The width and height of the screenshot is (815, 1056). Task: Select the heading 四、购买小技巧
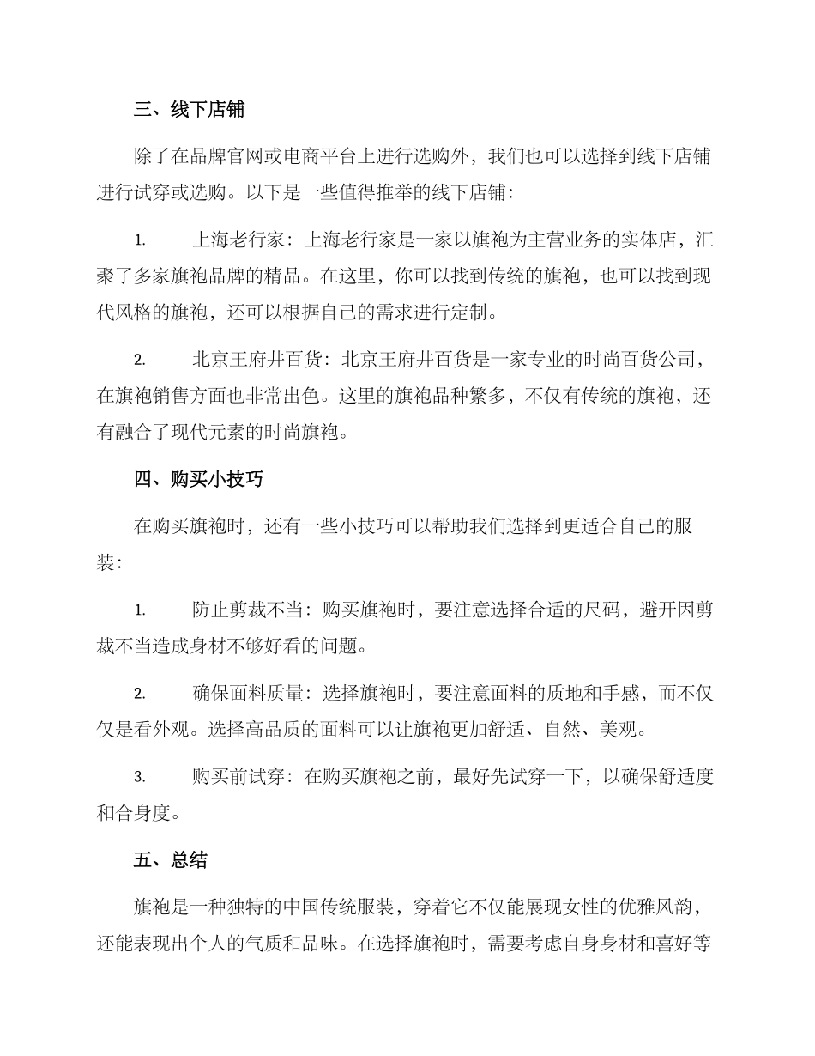click(198, 479)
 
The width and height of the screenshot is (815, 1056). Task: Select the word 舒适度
click(686, 777)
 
